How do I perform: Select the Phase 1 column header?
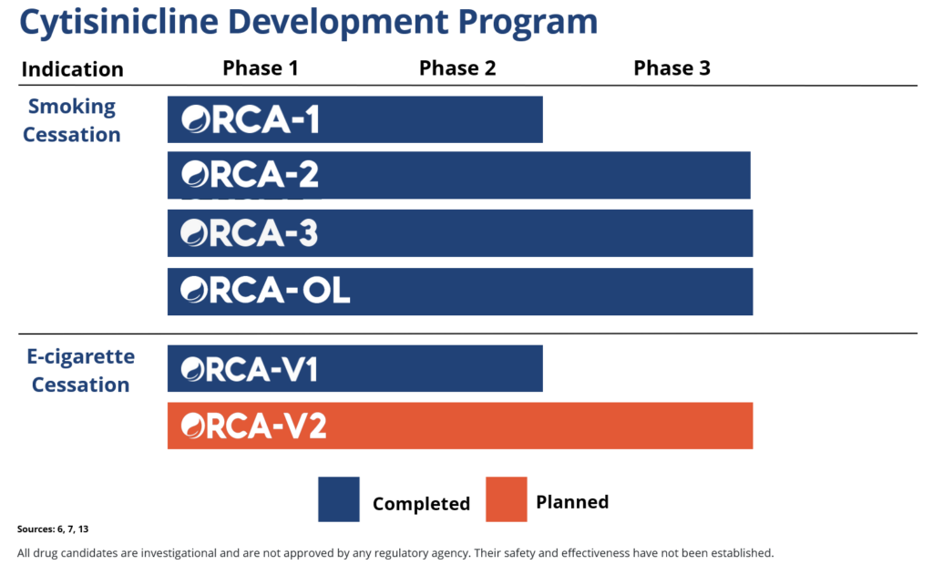260,68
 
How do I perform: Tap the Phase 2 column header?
457,68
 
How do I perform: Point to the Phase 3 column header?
672,68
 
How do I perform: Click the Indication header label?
72,69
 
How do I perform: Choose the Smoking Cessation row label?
72,120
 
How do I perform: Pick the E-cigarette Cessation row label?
80,370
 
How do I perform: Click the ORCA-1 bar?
354,119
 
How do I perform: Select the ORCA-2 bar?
458,175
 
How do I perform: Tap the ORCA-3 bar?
460,233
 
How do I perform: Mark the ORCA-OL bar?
460,292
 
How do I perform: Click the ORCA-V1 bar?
354,368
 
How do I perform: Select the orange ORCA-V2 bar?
460,426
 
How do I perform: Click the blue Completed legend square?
339,499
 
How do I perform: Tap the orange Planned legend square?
507,499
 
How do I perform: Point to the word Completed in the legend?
421,504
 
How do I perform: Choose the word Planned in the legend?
572,501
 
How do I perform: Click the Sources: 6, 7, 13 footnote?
53,529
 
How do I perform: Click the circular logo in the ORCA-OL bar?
194,292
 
